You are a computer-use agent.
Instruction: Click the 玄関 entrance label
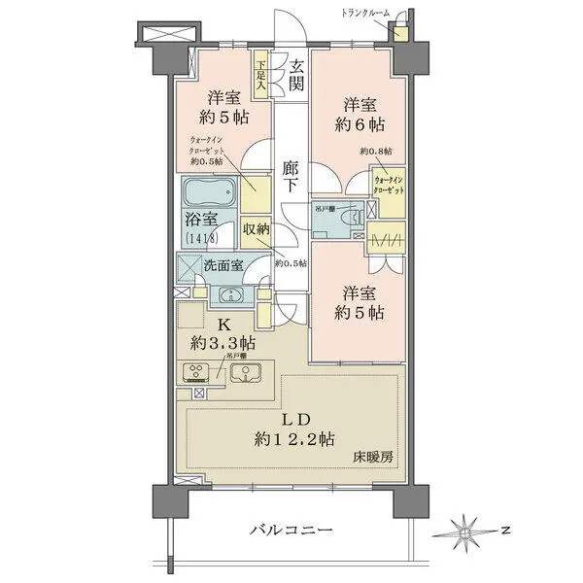(296, 76)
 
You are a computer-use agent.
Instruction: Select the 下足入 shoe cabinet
(260, 77)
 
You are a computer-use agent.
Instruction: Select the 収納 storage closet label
(255, 229)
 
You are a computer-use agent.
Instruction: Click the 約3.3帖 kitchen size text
(223, 342)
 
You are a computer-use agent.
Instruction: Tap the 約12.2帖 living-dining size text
(296, 438)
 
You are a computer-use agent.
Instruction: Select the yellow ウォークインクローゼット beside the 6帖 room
(389, 186)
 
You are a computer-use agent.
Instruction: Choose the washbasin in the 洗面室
(229, 296)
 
